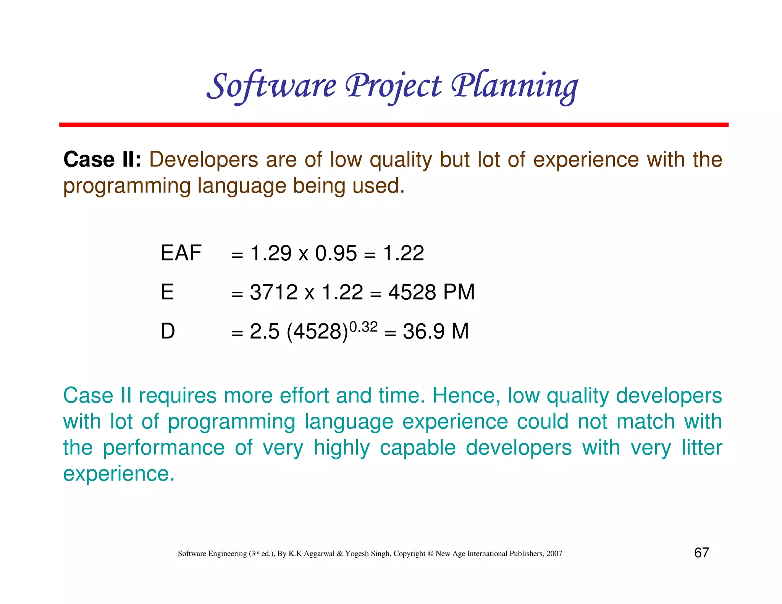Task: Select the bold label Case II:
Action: pyautogui.click(x=102, y=160)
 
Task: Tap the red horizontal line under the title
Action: pyautogui.click(x=393, y=125)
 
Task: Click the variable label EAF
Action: pyautogui.click(x=181, y=253)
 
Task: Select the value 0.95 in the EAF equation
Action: pyautogui.click(x=336, y=254)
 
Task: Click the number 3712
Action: pyautogui.click(x=273, y=292)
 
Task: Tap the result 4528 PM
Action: pyautogui.click(x=431, y=292)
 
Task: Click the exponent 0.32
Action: pyautogui.click(x=363, y=327)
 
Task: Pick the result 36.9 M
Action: pyautogui.click(x=435, y=331)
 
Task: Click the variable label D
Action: pyautogui.click(x=168, y=331)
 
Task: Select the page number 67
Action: pyautogui.click(x=701, y=553)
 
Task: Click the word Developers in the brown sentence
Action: pyautogui.click(x=204, y=160)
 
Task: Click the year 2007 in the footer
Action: pyautogui.click(x=554, y=554)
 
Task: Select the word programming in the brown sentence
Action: pyautogui.click(x=127, y=186)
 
